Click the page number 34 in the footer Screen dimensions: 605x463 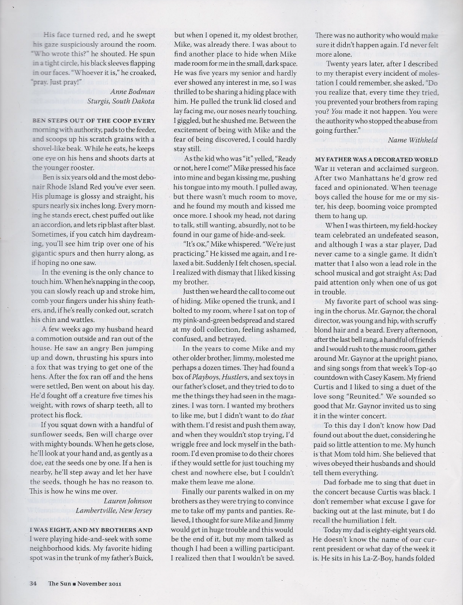click(33, 583)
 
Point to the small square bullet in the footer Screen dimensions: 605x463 click(74, 583)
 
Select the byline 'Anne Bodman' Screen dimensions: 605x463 click(132, 91)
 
